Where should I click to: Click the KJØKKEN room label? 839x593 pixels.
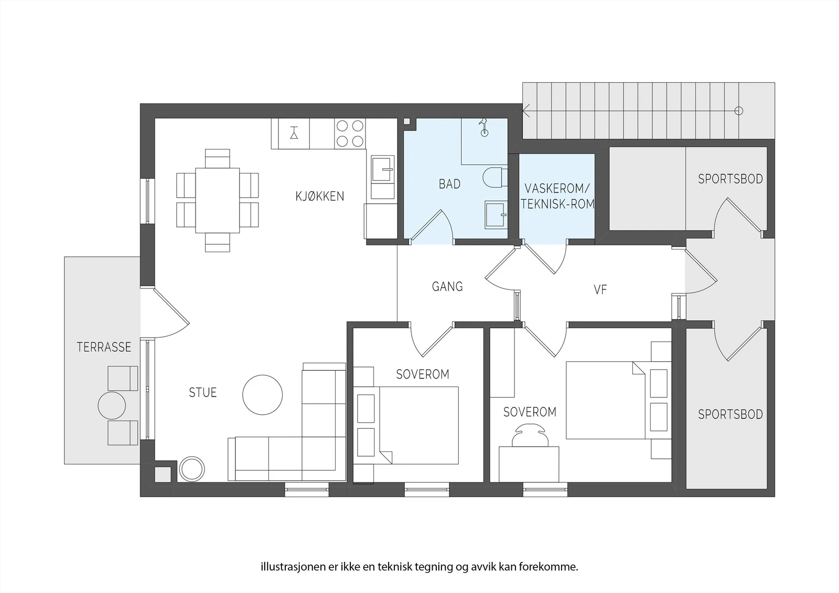[x=319, y=196]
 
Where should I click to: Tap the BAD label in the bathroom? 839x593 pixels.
[x=449, y=184]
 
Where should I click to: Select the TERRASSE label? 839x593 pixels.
[x=104, y=347]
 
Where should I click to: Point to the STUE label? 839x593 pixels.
[x=202, y=393]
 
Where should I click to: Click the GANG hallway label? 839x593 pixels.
[x=447, y=287]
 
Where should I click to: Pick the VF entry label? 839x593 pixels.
[x=600, y=289]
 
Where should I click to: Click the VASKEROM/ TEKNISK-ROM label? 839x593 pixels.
[x=557, y=196]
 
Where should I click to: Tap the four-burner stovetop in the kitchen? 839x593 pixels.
[x=350, y=133]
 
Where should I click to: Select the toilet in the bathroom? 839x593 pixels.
[x=495, y=177]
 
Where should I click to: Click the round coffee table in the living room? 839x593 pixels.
[x=263, y=395]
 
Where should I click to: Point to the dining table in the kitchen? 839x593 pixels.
[x=217, y=200]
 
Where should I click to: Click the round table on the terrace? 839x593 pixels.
[x=112, y=405]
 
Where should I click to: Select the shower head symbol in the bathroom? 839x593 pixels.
[x=484, y=126]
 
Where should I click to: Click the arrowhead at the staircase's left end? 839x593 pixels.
[x=525, y=111]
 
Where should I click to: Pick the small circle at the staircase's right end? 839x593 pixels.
[x=739, y=111]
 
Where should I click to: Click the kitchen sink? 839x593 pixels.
[x=383, y=177]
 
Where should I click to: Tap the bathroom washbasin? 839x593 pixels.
[x=496, y=214]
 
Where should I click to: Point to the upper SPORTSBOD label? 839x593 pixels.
[x=730, y=179]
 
